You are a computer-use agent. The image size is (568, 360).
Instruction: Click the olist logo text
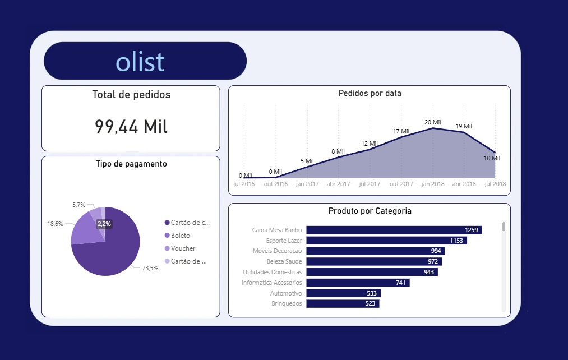pyautogui.click(x=140, y=61)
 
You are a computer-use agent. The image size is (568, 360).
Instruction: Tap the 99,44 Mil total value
pyautogui.click(x=131, y=127)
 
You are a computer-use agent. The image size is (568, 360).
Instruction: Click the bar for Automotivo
pyautogui.click(x=343, y=293)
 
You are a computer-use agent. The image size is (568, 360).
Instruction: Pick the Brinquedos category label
pyautogui.click(x=287, y=303)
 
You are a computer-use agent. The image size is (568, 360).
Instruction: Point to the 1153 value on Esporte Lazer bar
pyautogui.click(x=456, y=241)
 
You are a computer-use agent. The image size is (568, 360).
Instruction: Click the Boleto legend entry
pyautogui.click(x=180, y=236)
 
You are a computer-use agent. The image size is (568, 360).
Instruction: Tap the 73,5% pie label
pyautogui.click(x=150, y=268)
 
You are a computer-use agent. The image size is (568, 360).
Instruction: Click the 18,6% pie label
pyautogui.click(x=55, y=223)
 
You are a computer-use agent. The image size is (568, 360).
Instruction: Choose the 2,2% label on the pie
pyautogui.click(x=104, y=224)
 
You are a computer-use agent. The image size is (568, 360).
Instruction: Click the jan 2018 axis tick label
pyautogui.click(x=433, y=184)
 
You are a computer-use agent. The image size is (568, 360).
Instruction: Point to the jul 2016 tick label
pyautogui.click(x=244, y=184)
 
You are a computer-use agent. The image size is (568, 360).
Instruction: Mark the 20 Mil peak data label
pyautogui.click(x=432, y=122)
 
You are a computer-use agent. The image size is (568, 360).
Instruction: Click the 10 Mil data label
pyautogui.click(x=492, y=158)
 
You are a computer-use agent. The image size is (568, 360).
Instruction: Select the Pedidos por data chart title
pyautogui.click(x=370, y=93)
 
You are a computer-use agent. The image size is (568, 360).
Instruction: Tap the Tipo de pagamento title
pyautogui.click(x=131, y=164)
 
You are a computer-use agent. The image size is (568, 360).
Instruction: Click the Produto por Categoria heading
pyautogui.click(x=370, y=211)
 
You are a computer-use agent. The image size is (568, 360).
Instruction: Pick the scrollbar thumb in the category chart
pyautogui.click(x=504, y=227)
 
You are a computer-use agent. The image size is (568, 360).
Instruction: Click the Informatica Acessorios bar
pyautogui.click(x=358, y=283)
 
